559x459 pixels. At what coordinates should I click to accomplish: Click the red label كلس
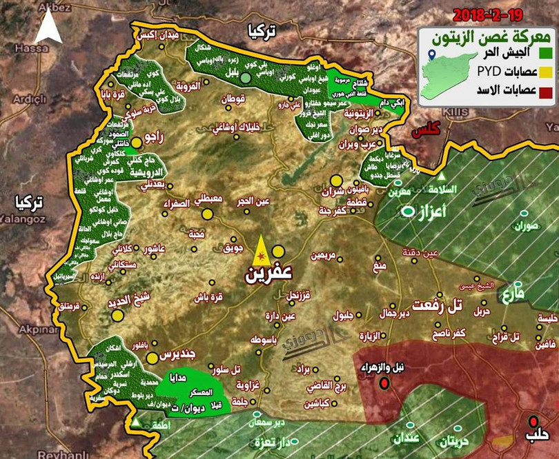(426, 130)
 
